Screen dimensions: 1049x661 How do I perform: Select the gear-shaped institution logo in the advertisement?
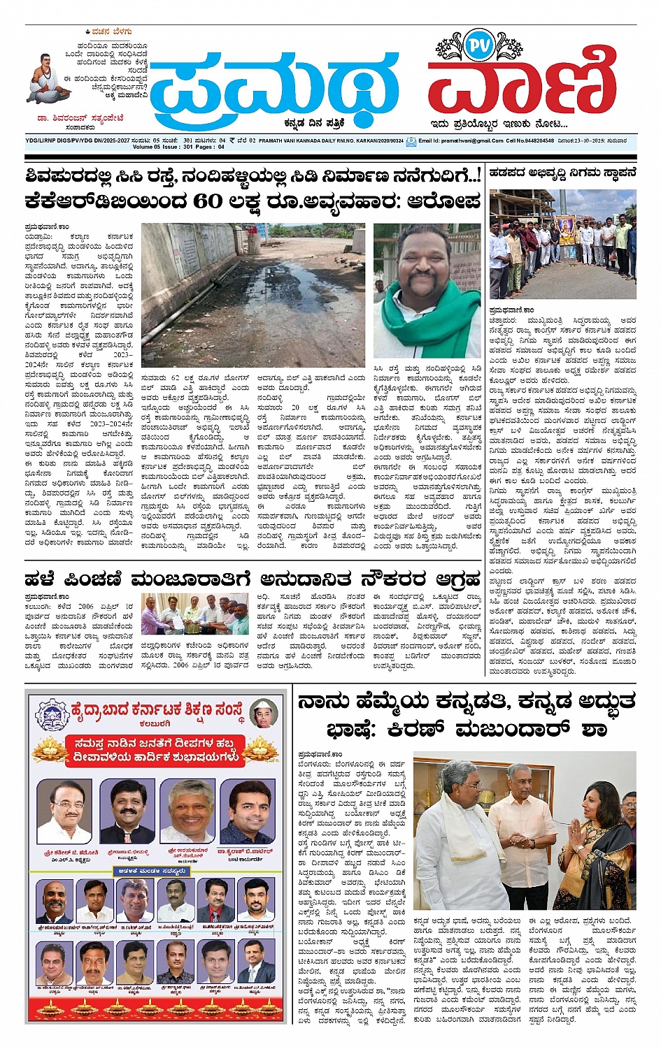[52, 715]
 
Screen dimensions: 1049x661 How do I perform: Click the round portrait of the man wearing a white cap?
[262, 714]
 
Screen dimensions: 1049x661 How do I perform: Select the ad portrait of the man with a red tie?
[216, 902]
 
